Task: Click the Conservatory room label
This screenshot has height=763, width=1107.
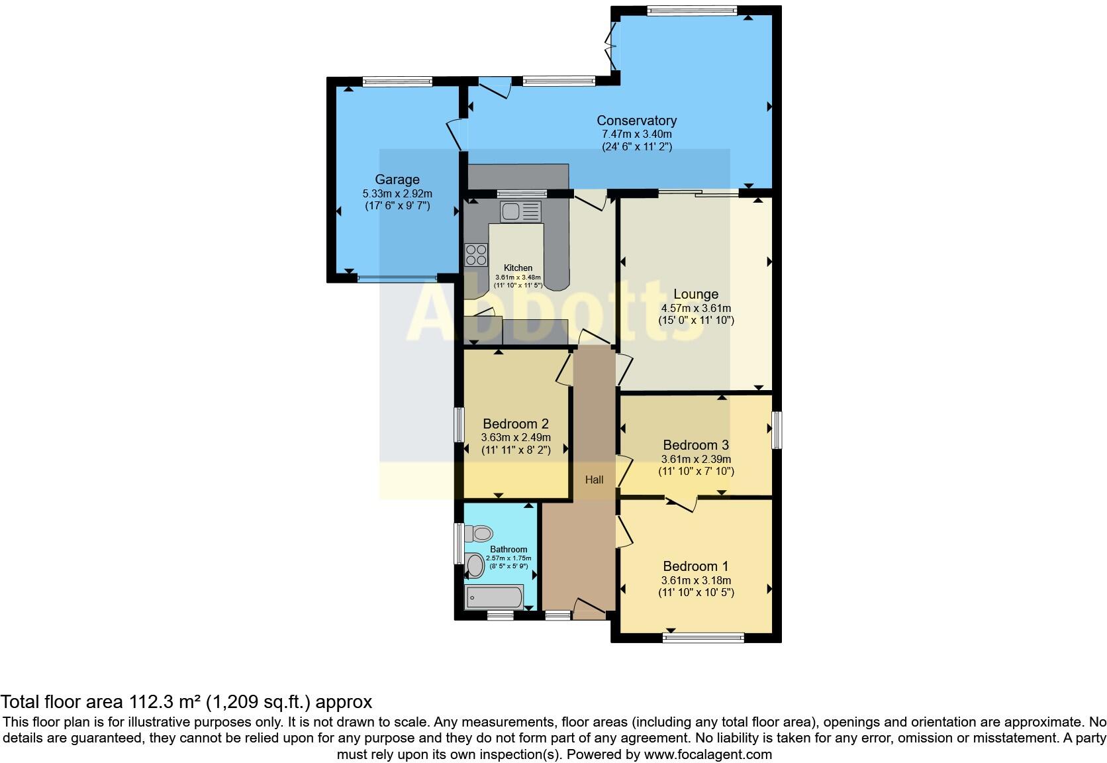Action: (x=636, y=121)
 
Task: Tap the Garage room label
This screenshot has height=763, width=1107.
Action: (x=397, y=179)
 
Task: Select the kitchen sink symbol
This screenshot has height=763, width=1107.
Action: (x=521, y=211)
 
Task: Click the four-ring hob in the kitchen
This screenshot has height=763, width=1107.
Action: (x=476, y=254)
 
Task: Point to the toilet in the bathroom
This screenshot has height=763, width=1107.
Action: (x=479, y=533)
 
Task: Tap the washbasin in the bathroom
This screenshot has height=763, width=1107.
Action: (x=475, y=565)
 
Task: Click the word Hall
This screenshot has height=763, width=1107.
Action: (x=594, y=480)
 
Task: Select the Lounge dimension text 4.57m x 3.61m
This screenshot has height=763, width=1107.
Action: (x=696, y=308)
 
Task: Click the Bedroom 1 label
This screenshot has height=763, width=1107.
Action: (x=696, y=566)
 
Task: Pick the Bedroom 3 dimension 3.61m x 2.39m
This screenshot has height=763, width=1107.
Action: (x=696, y=459)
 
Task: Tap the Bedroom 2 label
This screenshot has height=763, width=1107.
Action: (x=516, y=424)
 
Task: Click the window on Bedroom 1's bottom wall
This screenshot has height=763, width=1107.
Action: (x=703, y=638)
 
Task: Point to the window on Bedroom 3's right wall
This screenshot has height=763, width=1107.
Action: (x=777, y=430)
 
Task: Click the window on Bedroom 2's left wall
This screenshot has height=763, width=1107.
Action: (x=458, y=425)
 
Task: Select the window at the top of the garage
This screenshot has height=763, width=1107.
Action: (x=397, y=81)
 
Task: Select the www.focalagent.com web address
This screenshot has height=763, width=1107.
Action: (x=708, y=754)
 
